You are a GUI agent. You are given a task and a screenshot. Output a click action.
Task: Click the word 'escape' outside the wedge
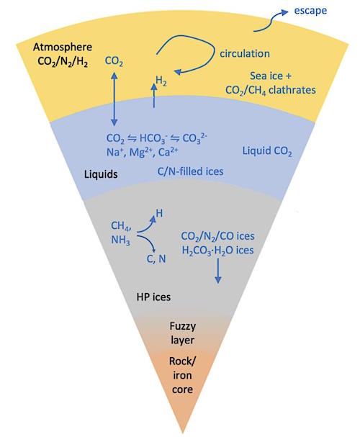click(310, 11)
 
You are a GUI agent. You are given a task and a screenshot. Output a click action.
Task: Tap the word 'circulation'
click(245, 53)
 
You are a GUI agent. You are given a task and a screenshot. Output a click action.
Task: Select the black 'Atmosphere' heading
click(63, 47)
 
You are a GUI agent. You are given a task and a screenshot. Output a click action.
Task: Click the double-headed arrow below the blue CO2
click(114, 99)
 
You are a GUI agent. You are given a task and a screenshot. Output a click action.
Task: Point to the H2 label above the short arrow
click(161, 81)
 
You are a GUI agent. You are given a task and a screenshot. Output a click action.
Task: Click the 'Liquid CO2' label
click(267, 151)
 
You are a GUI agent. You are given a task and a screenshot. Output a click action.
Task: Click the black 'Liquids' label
click(101, 174)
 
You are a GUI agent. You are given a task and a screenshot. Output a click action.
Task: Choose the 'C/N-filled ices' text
click(190, 171)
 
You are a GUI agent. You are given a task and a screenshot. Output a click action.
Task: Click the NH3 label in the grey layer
click(120, 240)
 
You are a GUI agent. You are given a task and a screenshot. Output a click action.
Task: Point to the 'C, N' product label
click(156, 259)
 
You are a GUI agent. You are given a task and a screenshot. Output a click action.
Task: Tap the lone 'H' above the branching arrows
click(159, 214)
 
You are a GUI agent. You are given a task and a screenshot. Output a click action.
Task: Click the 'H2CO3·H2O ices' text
click(217, 251)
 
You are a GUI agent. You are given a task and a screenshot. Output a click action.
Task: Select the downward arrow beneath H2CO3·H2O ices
click(218, 271)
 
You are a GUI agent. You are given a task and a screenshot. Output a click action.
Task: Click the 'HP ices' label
click(153, 297)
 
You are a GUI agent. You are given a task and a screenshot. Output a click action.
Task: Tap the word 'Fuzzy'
click(182, 326)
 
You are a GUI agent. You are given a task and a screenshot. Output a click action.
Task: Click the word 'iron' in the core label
click(182, 375)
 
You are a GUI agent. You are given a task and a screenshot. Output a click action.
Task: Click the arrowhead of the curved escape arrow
click(285, 12)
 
